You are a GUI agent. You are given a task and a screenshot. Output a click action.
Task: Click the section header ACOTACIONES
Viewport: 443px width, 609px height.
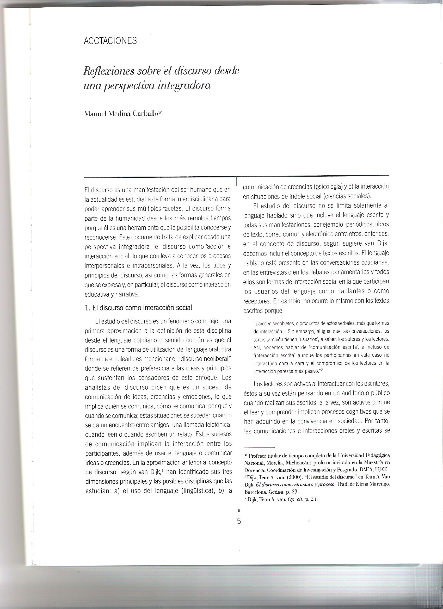[110, 41]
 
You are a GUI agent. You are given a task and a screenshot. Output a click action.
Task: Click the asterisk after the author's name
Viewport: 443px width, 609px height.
[160, 113]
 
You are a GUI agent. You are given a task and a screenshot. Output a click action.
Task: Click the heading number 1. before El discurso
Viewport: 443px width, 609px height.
[87, 308]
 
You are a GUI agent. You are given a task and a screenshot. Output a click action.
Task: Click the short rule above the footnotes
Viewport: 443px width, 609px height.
[259, 448]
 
